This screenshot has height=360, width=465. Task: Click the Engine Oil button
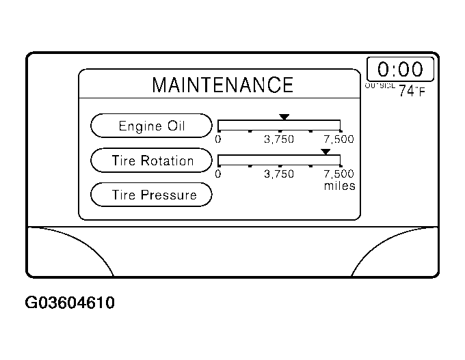pos(152,126)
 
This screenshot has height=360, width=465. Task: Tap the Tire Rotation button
pos(152,161)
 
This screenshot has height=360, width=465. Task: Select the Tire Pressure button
pos(152,195)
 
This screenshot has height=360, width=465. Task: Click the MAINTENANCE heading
pos(222,85)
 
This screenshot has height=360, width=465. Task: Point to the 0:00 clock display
pos(400,69)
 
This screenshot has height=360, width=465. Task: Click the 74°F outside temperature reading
pos(412,91)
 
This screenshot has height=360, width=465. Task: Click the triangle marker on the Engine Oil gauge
pos(284,117)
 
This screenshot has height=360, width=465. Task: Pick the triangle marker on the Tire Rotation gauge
pos(325,151)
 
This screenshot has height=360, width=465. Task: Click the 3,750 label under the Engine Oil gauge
pos(279,139)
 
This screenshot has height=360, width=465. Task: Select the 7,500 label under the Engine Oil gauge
pos(339,139)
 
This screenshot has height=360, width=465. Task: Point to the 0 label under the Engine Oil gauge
pos(218,139)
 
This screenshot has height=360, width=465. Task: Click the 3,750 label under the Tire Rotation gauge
pos(279,174)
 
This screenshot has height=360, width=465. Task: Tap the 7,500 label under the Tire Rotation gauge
pos(339,174)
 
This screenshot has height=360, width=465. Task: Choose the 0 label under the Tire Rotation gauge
pos(218,174)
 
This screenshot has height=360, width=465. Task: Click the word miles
pos(340,186)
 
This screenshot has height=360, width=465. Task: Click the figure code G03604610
pos(69,303)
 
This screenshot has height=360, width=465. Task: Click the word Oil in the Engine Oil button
pos(176,126)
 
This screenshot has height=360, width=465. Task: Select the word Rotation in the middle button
pos(168,161)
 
